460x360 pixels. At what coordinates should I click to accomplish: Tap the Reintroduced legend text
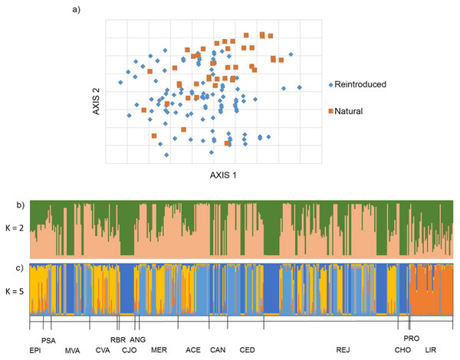(360, 84)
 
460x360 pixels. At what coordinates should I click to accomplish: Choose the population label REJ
(343, 349)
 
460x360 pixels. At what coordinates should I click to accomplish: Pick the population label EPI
(35, 349)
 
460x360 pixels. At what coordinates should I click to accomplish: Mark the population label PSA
(48, 339)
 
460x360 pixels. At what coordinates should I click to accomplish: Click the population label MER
(159, 349)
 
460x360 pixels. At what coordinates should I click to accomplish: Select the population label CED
(247, 349)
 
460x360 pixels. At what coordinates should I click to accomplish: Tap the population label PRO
(411, 338)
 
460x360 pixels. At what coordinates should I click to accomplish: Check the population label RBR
(117, 339)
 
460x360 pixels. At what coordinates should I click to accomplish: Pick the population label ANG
(138, 339)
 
